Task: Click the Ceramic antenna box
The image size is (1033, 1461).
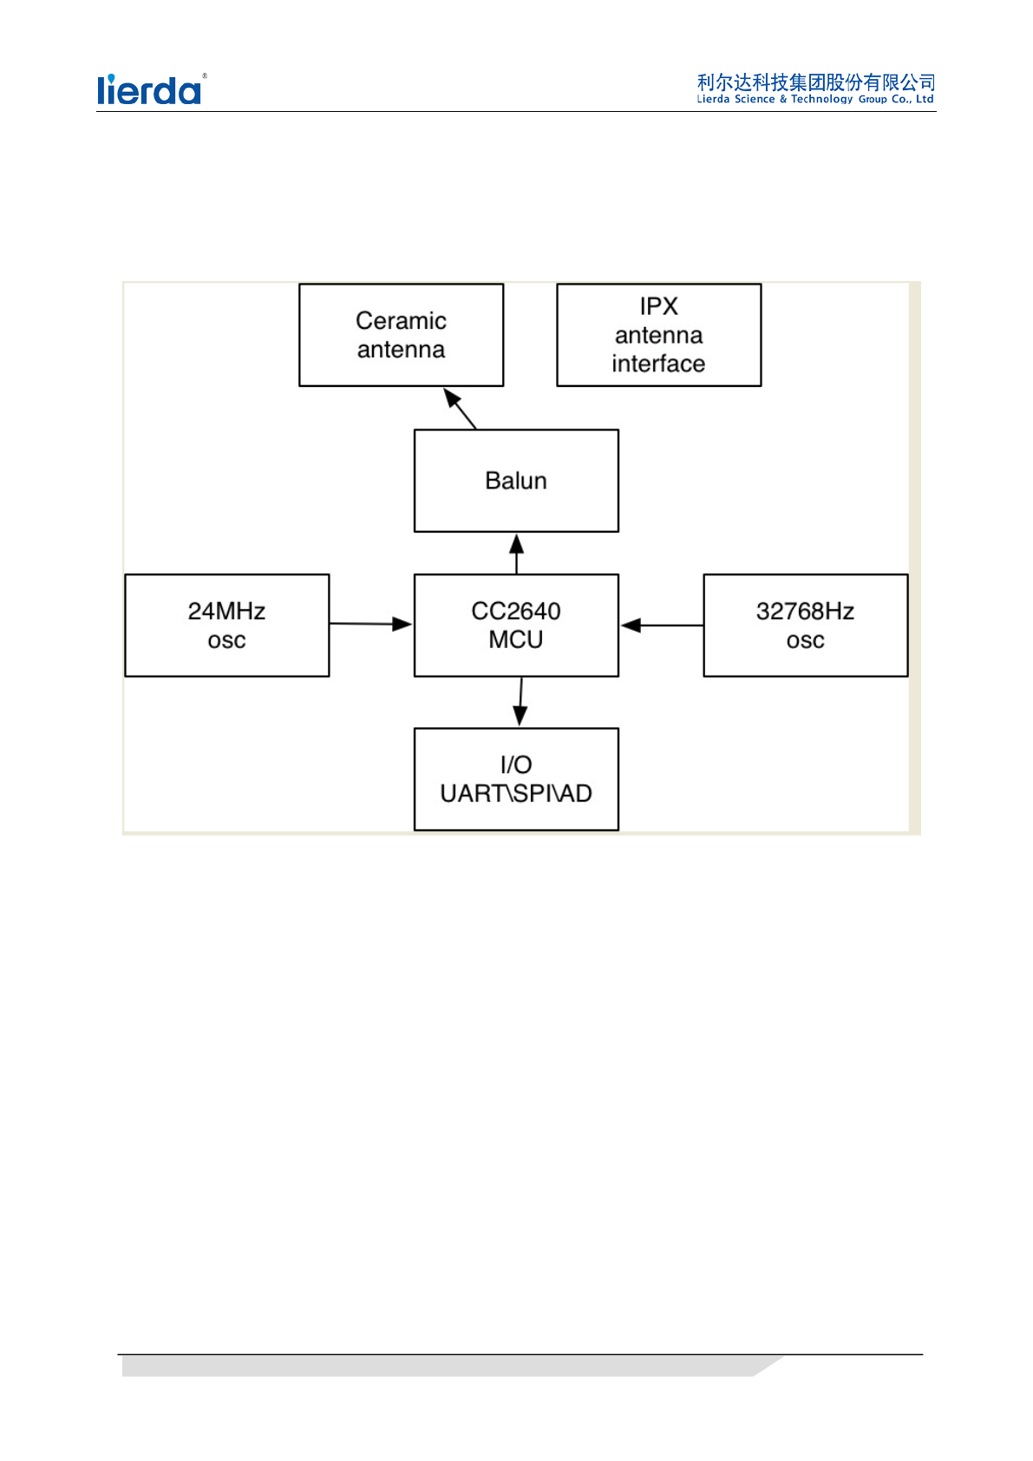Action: point(401,335)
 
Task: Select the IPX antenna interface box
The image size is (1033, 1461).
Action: point(658,335)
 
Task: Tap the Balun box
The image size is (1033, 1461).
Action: point(516,481)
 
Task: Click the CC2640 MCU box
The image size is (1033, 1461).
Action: point(516,625)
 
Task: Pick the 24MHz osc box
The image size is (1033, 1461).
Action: point(227,625)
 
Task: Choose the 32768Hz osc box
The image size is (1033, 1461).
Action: point(805,625)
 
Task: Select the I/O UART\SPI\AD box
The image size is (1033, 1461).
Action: point(516,779)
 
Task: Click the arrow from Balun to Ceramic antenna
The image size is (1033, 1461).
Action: point(461,409)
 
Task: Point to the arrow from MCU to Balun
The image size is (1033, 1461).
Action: point(517,554)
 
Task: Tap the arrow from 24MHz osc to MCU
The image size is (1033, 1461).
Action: point(371,624)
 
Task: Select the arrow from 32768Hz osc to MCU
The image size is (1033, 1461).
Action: point(661,625)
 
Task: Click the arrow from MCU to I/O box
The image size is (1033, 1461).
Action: point(520,702)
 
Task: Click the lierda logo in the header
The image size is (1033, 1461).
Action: point(150,89)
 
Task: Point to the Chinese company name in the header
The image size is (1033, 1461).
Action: point(815,82)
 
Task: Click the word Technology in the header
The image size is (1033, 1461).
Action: point(821,100)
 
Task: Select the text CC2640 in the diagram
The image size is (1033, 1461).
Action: point(516,611)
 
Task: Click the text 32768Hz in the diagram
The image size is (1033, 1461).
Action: point(805,611)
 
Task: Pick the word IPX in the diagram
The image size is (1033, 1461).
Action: point(658,306)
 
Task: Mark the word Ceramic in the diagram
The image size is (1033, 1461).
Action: point(401,321)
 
